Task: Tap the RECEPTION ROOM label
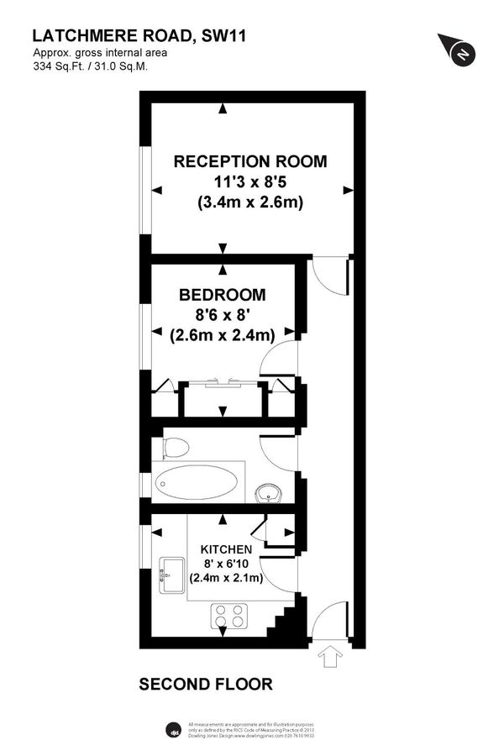(x=250, y=161)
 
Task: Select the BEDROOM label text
(x=222, y=295)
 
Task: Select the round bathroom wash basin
(x=269, y=491)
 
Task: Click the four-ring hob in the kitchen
(x=230, y=616)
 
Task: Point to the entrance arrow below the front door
(x=328, y=656)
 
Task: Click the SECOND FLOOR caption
(x=206, y=685)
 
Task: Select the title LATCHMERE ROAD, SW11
(x=139, y=35)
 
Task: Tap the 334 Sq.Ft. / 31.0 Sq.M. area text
(x=90, y=66)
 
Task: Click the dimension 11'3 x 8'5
(x=250, y=181)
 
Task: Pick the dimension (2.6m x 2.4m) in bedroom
(x=222, y=335)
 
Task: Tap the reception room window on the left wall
(x=145, y=189)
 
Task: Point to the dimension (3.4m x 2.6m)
(x=250, y=202)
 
